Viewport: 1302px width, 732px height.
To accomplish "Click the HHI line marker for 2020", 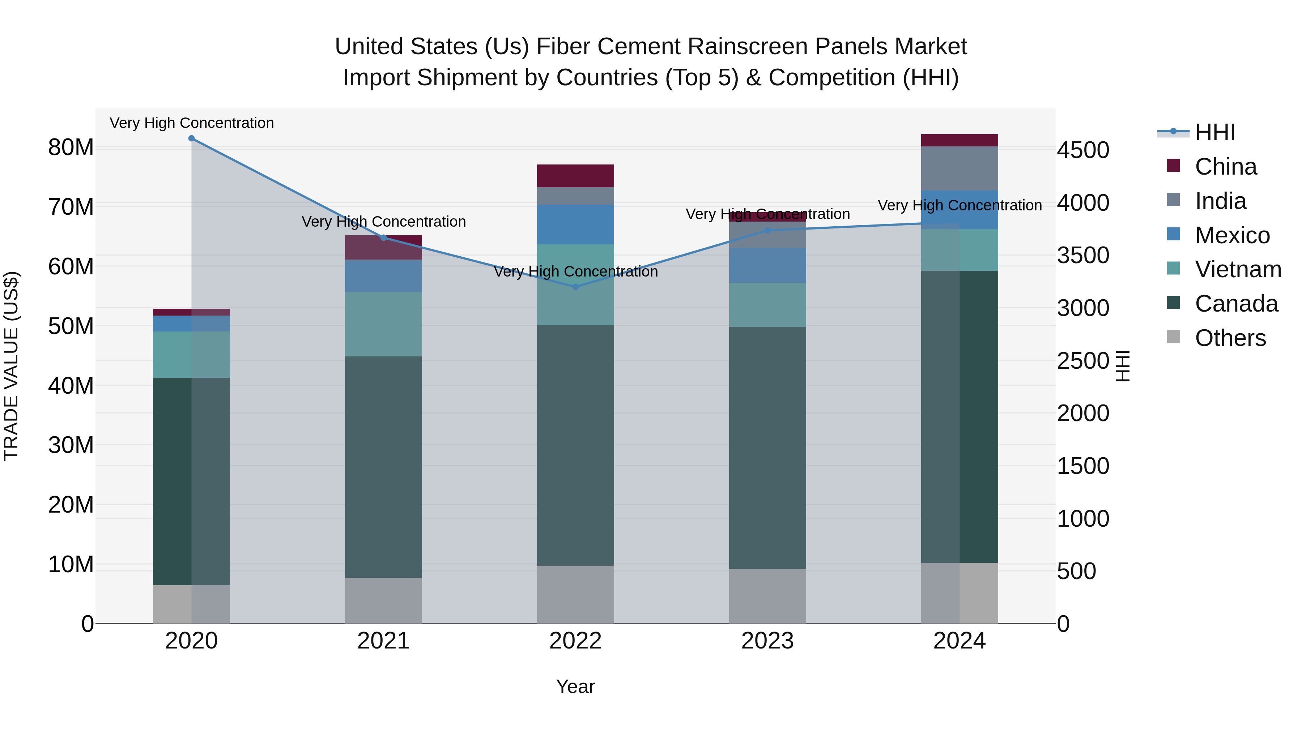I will (192, 138).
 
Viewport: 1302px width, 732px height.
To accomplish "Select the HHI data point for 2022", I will (575, 287).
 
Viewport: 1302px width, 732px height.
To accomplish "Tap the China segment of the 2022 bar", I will (575, 176).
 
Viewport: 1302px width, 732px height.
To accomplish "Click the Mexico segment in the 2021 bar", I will (383, 276).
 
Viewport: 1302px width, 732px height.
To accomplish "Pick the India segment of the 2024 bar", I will (959, 168).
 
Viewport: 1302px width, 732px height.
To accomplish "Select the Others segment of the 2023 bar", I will (767, 596).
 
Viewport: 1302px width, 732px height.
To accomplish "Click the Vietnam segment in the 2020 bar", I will (192, 355).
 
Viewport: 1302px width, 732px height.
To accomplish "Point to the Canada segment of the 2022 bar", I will (575, 445).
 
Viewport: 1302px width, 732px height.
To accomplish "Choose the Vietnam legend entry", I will (1237, 269).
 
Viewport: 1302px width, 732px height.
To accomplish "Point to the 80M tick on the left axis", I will (71, 147).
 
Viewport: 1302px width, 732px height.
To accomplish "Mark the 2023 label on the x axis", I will (767, 641).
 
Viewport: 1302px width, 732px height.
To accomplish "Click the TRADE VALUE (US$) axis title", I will (11, 366).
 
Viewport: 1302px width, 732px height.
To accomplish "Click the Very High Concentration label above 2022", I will (575, 272).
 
